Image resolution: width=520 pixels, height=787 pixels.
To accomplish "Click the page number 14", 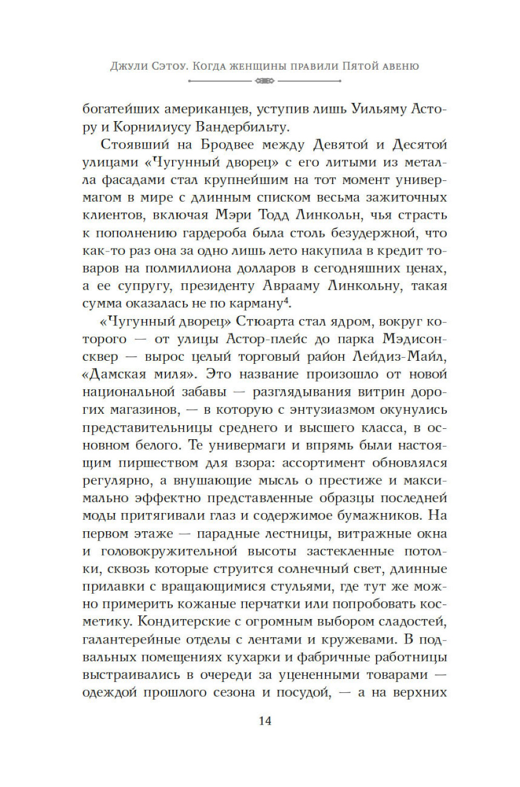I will [x=265, y=721].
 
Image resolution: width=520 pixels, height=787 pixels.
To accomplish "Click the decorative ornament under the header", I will [x=265, y=81].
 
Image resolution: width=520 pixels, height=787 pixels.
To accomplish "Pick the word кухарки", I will [x=251, y=657].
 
